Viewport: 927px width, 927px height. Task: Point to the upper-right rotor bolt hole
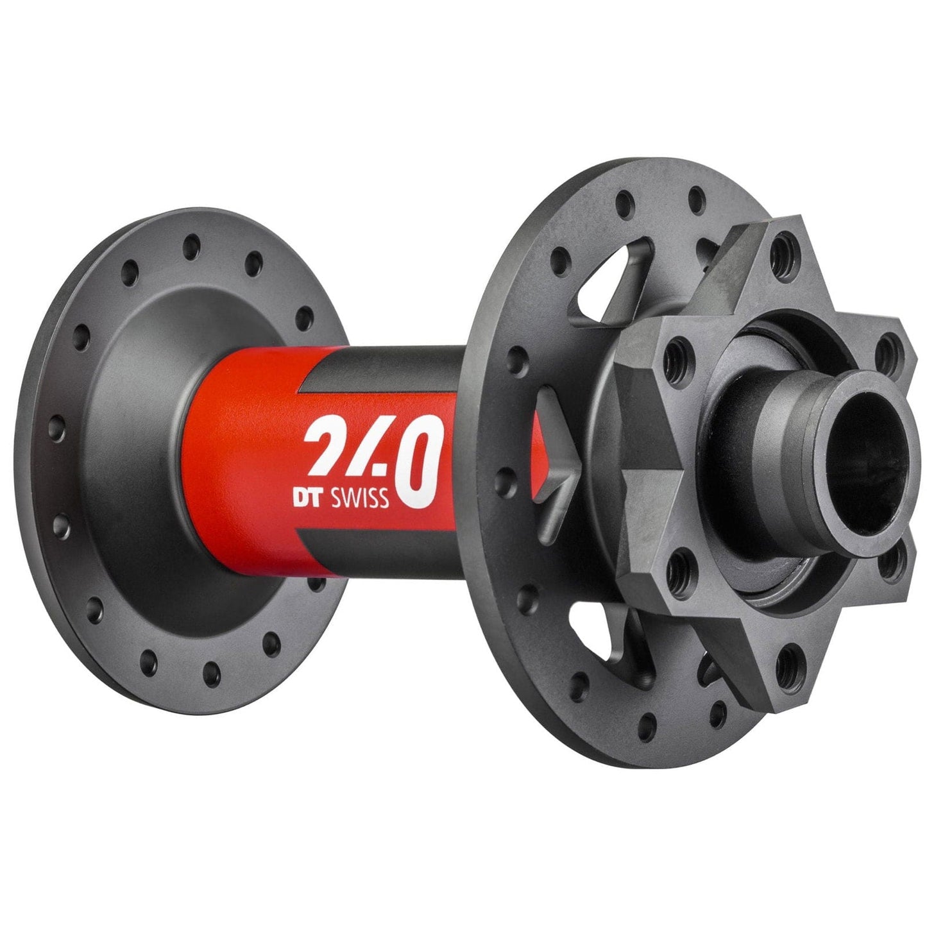886,346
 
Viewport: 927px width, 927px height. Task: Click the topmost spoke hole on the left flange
190,244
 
